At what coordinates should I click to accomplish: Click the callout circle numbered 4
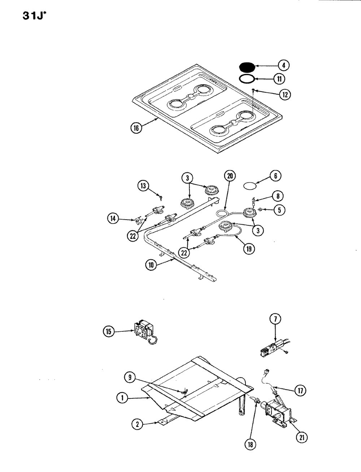(283, 65)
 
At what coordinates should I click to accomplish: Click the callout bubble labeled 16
(136, 128)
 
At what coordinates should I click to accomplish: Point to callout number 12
(285, 94)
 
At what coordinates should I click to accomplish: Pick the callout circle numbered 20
(229, 176)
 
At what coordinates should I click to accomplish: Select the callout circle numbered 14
(113, 217)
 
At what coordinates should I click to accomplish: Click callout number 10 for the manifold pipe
(151, 265)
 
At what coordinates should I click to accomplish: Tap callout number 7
(275, 319)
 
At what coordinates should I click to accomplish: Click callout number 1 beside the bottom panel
(122, 398)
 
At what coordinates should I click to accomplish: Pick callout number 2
(136, 424)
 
